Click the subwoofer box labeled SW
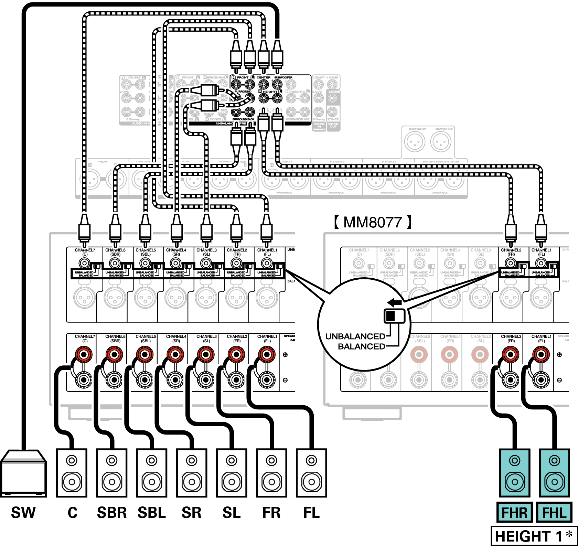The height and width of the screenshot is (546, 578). tap(23, 473)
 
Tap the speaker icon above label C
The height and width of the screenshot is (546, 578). tap(72, 473)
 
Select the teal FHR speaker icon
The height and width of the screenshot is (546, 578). tap(515, 473)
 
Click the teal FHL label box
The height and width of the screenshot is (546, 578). tap(554, 513)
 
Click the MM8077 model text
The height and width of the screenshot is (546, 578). tap(373, 222)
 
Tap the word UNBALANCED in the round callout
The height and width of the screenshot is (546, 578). tap(355, 336)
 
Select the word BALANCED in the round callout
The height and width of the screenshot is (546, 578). tap(361, 346)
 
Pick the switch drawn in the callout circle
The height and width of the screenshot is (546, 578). tap(394, 316)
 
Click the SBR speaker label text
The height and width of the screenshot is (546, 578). tap(112, 513)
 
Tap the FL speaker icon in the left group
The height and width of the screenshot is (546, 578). tap(311, 473)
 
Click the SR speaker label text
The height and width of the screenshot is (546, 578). tap(191, 513)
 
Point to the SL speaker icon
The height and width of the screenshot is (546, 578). tap(232, 473)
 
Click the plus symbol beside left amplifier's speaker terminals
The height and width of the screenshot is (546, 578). tap(285, 355)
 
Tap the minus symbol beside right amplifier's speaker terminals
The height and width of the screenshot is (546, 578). tap(559, 380)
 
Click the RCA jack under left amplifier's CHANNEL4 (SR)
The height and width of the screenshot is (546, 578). tap(176, 263)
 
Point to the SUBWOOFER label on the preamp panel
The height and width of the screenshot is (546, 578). tap(283, 77)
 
